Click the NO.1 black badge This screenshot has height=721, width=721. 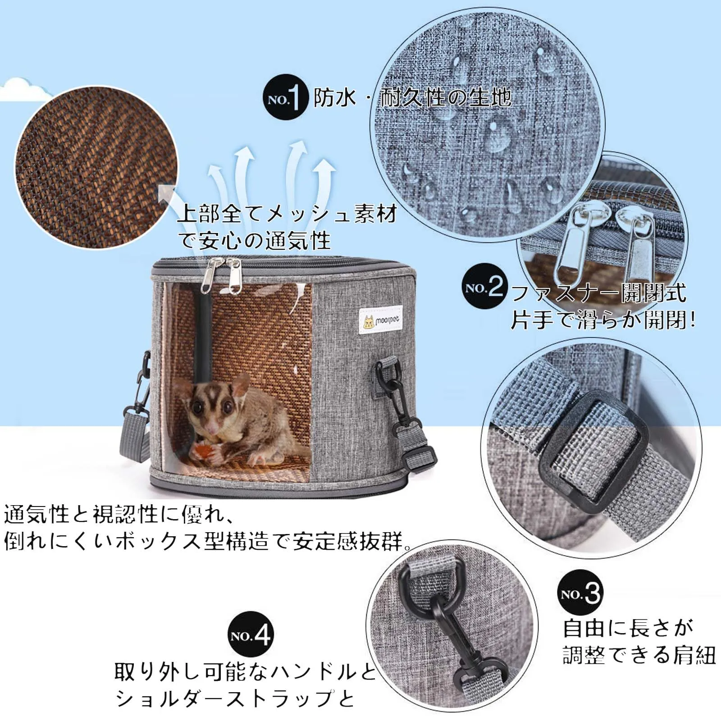tap(285, 97)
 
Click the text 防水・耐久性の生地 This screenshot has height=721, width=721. tap(412, 97)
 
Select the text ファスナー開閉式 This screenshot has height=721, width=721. tap(599, 293)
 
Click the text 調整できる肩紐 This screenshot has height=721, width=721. tap(639, 655)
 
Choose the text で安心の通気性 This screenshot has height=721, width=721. tap(255, 241)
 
